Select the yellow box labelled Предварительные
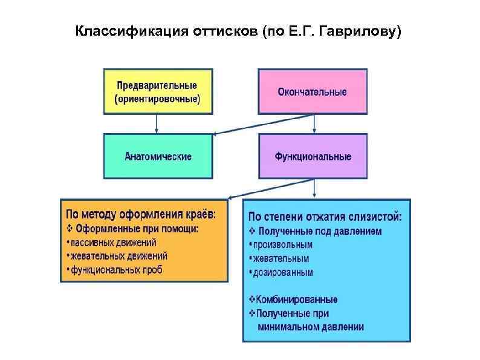[x=158, y=91]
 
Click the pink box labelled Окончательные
[x=313, y=91]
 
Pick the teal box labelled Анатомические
[x=158, y=156]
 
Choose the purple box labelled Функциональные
[x=313, y=156]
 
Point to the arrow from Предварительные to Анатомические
[x=157, y=123]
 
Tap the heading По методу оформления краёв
[x=140, y=215]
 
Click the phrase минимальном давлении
[x=310, y=327]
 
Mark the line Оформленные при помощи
[x=135, y=229]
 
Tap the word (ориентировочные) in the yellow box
[x=157, y=98]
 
